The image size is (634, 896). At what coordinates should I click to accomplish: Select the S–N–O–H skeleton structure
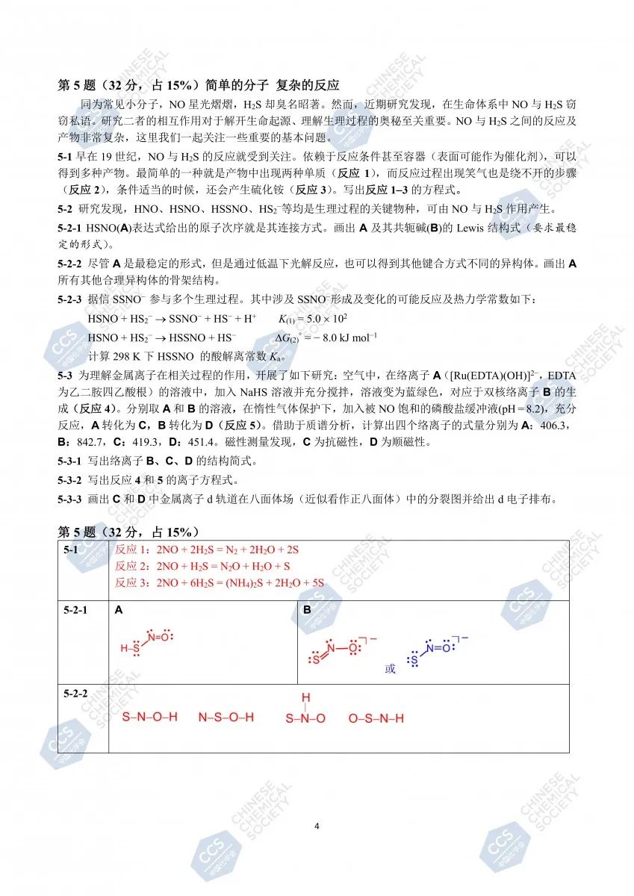coord(149,718)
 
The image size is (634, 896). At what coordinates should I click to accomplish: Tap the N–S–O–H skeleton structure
coord(226,718)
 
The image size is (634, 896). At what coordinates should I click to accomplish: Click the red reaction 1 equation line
coord(207,550)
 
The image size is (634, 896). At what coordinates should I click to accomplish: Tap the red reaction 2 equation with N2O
coord(202,567)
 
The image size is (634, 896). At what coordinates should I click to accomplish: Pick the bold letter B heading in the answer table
coord(307,610)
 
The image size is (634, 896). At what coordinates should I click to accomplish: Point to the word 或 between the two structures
coord(390,668)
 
